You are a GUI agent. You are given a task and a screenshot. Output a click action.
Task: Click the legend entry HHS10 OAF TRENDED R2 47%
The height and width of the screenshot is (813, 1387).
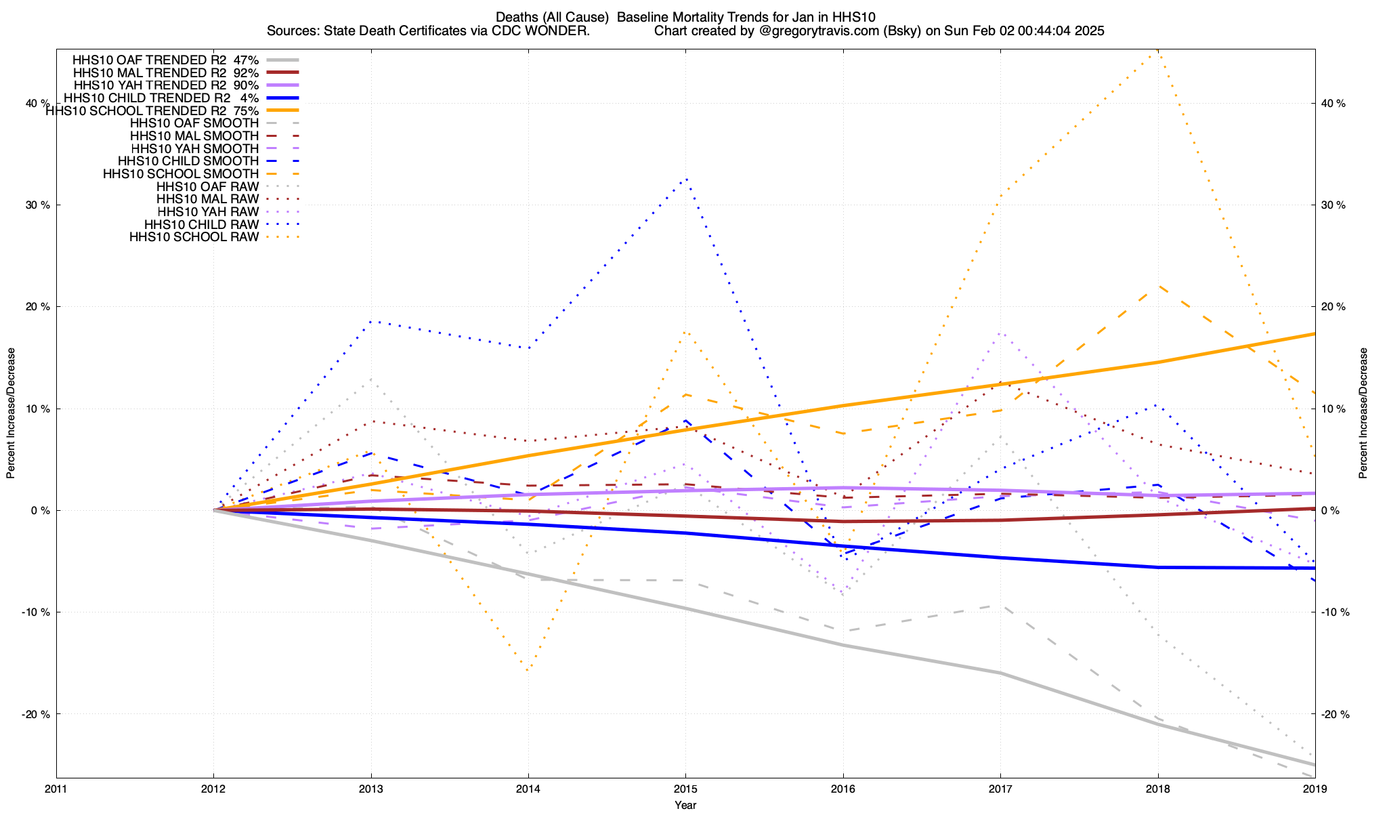click(x=165, y=60)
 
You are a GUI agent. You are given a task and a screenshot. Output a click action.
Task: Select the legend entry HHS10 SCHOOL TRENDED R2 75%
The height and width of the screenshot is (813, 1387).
click(x=152, y=110)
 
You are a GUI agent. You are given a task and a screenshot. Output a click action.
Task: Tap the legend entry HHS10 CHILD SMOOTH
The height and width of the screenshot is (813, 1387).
click(x=188, y=161)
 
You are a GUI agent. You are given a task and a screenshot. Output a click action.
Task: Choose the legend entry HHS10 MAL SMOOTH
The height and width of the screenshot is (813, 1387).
click(x=194, y=136)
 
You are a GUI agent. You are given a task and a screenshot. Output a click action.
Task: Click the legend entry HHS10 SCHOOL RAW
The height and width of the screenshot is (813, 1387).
click(x=194, y=237)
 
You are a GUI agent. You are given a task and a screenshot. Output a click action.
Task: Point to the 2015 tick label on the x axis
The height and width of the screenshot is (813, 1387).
click(x=685, y=789)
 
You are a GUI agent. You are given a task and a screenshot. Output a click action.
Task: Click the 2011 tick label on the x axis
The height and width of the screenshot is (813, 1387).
click(x=56, y=789)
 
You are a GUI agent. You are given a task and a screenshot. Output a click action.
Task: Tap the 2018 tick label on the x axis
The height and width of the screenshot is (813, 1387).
click(x=1157, y=789)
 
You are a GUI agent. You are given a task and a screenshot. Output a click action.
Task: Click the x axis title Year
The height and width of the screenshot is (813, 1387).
click(x=685, y=805)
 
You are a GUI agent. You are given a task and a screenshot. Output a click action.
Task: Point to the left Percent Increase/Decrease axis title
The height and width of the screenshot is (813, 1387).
click(x=11, y=413)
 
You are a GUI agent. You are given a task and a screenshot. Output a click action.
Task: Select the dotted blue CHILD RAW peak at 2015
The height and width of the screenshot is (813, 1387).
click(x=686, y=179)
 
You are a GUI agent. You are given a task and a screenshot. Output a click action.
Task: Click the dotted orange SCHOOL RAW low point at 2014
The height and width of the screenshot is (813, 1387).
click(x=528, y=669)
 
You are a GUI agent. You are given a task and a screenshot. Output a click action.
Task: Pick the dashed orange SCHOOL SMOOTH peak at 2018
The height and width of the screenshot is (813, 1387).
click(x=1158, y=286)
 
